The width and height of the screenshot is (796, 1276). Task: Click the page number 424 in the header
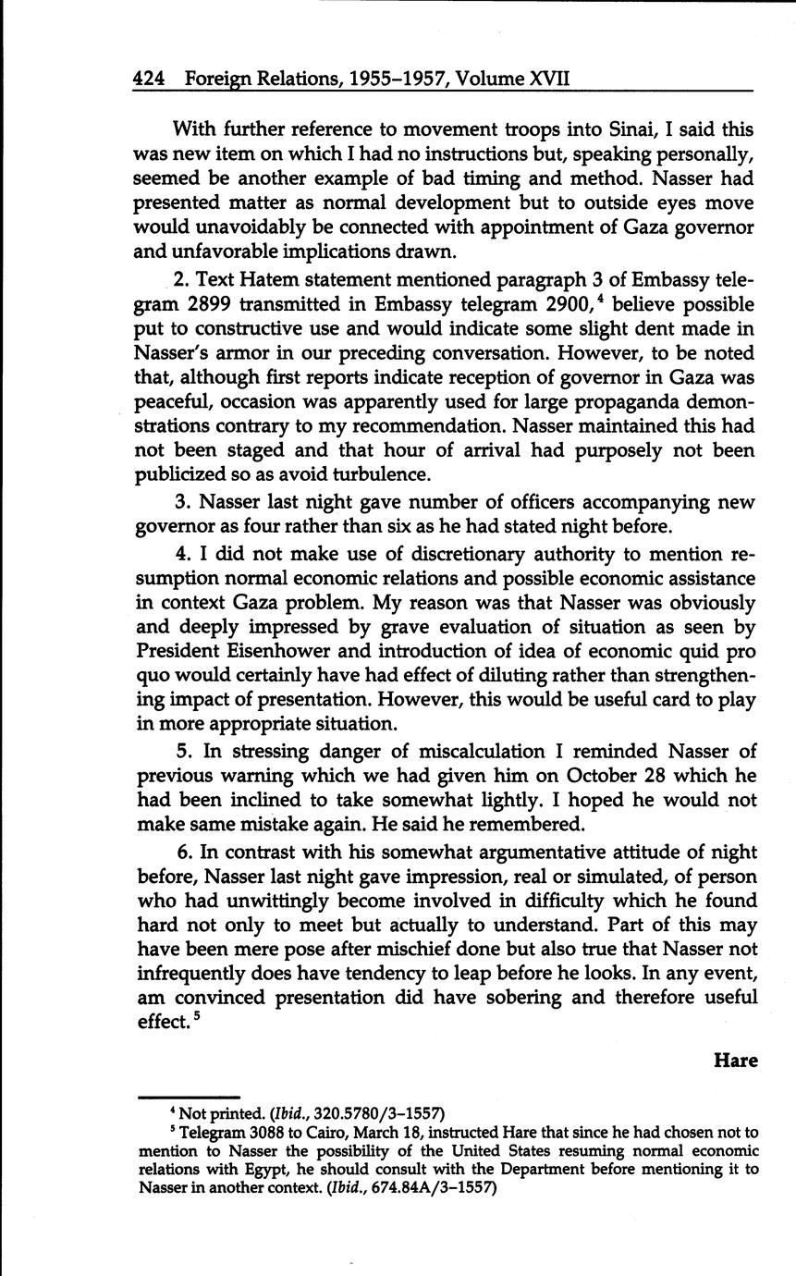click(x=149, y=79)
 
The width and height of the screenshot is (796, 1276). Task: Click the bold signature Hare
click(x=735, y=1061)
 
